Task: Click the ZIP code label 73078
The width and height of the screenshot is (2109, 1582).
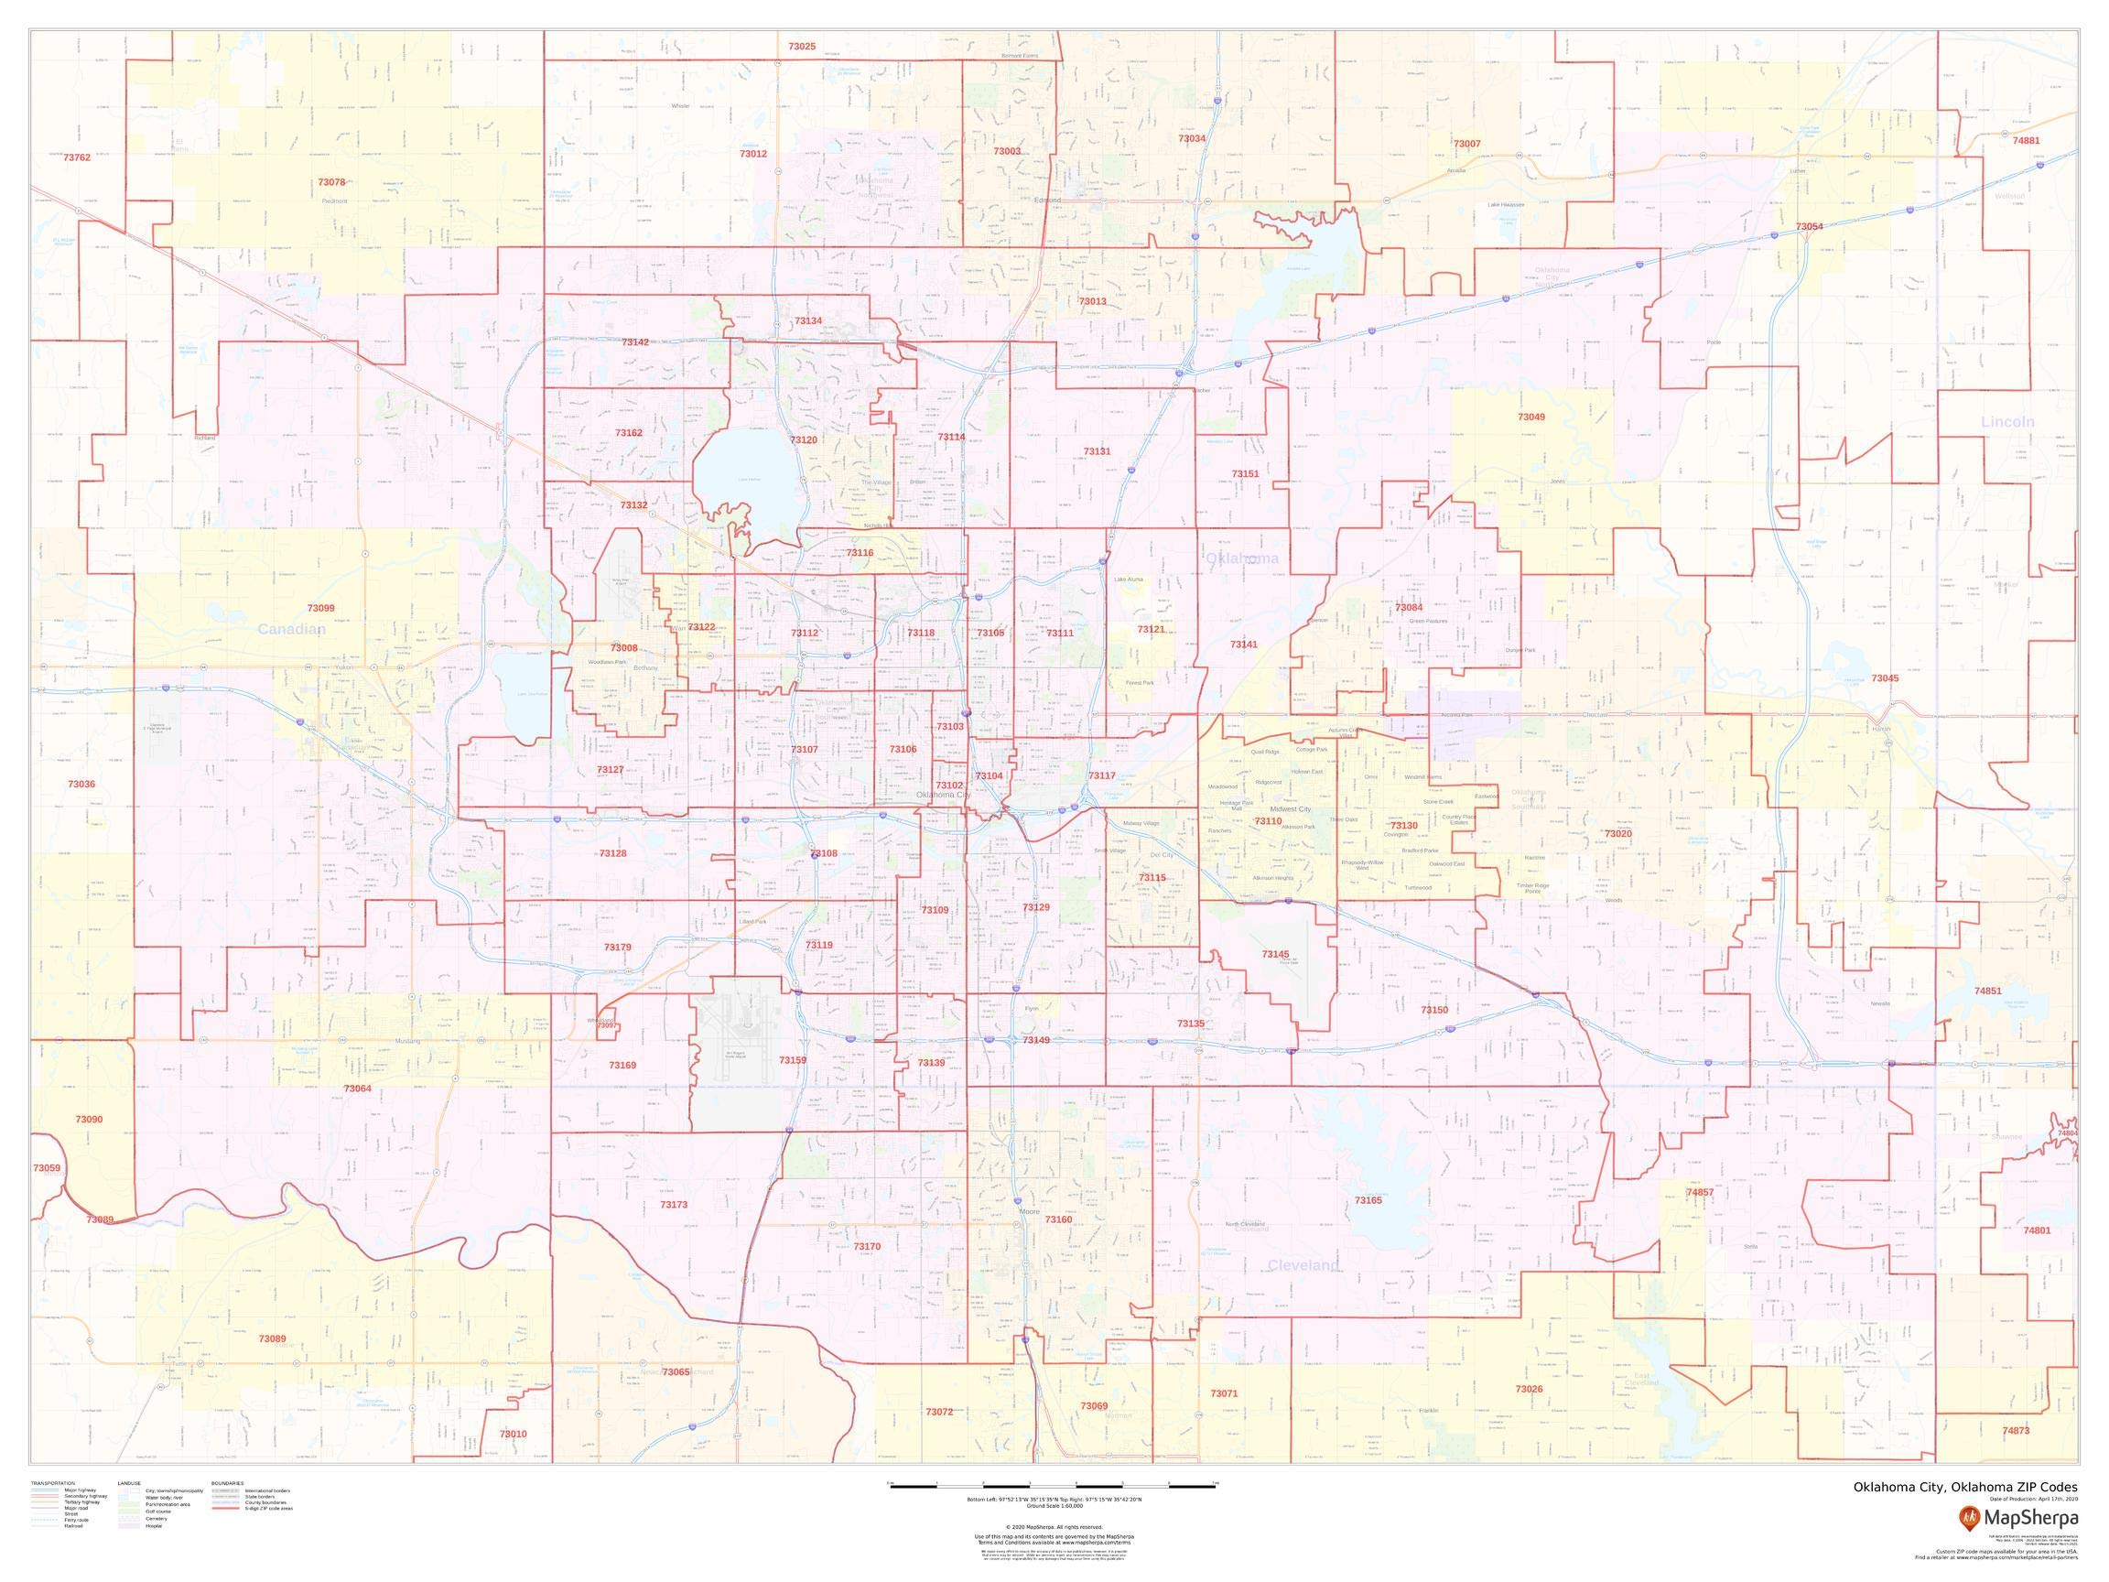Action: pyautogui.click(x=330, y=182)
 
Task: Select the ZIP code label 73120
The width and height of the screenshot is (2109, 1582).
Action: pyautogui.click(x=804, y=440)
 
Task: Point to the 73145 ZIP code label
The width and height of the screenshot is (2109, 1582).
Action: pyautogui.click(x=1275, y=955)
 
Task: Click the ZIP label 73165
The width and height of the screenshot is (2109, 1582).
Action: pyautogui.click(x=1368, y=1200)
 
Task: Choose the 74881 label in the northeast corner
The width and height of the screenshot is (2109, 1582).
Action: pyautogui.click(x=2026, y=140)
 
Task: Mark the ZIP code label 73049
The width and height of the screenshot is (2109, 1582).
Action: pyautogui.click(x=1531, y=417)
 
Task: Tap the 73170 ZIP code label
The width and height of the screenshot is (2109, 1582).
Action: pyautogui.click(x=867, y=1246)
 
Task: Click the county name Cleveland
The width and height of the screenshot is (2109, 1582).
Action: pyautogui.click(x=1303, y=1265)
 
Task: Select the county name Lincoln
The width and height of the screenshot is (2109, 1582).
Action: pyautogui.click(x=2007, y=421)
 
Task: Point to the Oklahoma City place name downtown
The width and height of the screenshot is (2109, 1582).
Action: pyautogui.click(x=943, y=795)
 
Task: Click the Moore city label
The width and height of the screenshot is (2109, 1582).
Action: pyautogui.click(x=1030, y=1212)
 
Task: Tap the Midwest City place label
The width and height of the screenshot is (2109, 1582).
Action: pyautogui.click(x=1290, y=808)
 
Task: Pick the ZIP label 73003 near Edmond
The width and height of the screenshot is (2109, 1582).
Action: pyautogui.click(x=1007, y=152)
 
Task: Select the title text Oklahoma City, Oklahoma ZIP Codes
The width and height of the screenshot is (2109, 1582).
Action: pyautogui.click(x=1965, y=1488)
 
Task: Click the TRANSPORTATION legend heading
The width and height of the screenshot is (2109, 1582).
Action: pyautogui.click(x=52, y=1484)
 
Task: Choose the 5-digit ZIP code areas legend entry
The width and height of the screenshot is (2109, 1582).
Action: pyautogui.click(x=269, y=1509)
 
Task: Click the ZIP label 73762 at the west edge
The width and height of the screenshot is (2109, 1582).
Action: pyautogui.click(x=76, y=157)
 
